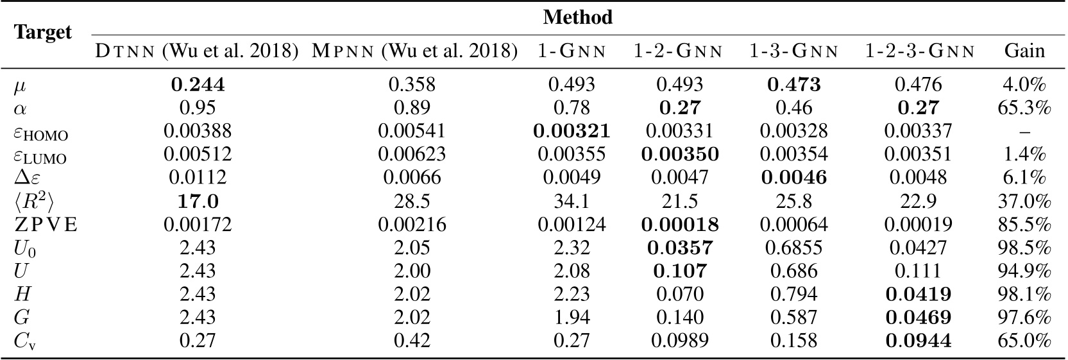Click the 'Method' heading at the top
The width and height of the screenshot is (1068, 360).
click(x=577, y=17)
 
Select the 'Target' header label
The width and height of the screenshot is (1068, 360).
click(x=43, y=32)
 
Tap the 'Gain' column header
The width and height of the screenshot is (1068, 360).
click(x=1024, y=51)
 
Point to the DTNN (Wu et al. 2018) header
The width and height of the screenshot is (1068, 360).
click(x=197, y=51)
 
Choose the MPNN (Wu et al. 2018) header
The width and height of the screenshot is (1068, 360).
click(x=414, y=51)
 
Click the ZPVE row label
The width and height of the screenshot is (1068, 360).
click(x=46, y=225)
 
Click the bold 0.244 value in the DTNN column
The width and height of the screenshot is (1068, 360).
click(x=197, y=84)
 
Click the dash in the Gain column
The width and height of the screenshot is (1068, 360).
click(x=1024, y=132)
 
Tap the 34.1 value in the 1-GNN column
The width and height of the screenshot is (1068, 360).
click(x=572, y=201)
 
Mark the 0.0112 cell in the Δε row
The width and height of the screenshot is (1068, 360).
click(x=197, y=178)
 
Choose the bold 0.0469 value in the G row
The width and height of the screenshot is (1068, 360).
click(x=918, y=318)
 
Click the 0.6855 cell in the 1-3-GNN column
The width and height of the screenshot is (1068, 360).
click(x=793, y=248)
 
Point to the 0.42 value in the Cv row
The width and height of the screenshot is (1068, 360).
click(x=412, y=341)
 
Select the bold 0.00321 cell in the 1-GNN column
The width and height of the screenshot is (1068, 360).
click(x=572, y=131)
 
